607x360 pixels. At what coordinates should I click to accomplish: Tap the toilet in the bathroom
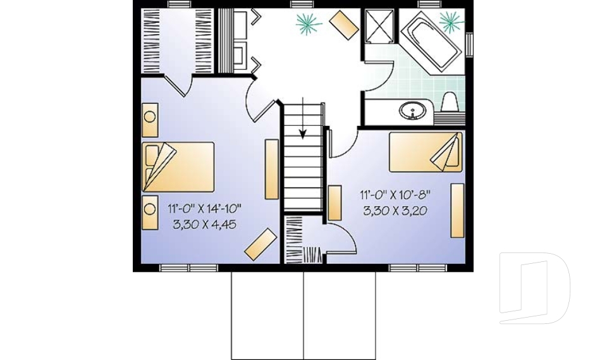[x=450, y=103]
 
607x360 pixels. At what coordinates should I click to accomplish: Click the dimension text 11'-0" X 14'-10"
[x=205, y=208]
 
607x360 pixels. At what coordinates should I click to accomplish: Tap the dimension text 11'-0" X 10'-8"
[x=397, y=195]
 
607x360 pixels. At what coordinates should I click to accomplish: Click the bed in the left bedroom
[x=178, y=166]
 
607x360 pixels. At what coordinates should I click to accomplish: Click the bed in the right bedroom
[x=425, y=152]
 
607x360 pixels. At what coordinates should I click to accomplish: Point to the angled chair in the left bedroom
[x=261, y=244]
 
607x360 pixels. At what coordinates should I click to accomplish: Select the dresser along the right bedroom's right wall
[x=457, y=210]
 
